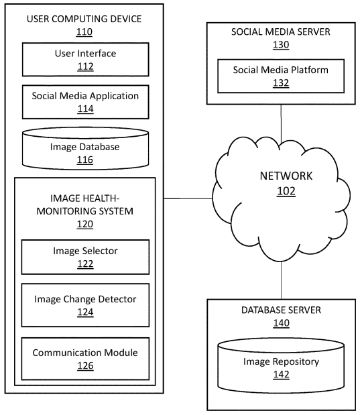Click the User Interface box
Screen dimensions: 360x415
point(86,60)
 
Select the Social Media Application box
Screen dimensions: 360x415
point(86,102)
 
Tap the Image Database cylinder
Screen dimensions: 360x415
point(85,148)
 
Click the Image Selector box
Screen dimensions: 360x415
point(85,257)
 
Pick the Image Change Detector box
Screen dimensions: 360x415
point(85,305)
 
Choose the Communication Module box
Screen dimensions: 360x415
point(85,359)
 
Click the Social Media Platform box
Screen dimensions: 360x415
point(281,76)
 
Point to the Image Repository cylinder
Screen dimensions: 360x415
point(281,366)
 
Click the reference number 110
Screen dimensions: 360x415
point(84,32)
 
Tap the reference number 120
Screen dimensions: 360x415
point(85,224)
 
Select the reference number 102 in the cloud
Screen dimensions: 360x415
point(286,191)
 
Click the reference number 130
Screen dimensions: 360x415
point(281,44)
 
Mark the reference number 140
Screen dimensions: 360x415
point(281,323)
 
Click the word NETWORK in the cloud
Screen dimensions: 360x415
point(286,176)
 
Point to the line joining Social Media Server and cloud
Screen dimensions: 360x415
point(281,123)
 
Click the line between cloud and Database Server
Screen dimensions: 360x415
point(281,280)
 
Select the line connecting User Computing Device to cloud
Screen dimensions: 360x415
point(188,198)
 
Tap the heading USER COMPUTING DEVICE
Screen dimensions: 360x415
point(84,19)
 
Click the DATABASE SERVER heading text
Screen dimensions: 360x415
point(281,310)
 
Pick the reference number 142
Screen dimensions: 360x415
point(281,374)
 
